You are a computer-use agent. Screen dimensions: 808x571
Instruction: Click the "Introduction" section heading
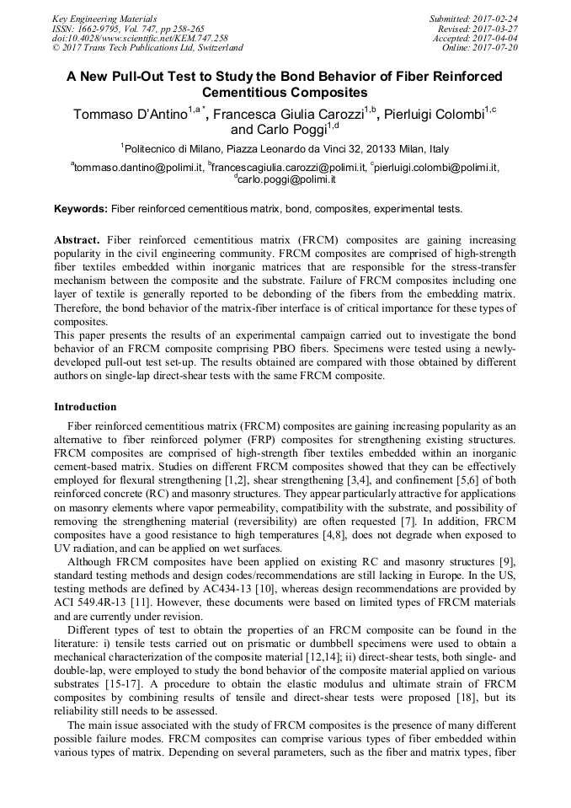point(85,407)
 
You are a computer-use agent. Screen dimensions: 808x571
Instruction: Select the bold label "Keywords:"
point(81,208)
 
